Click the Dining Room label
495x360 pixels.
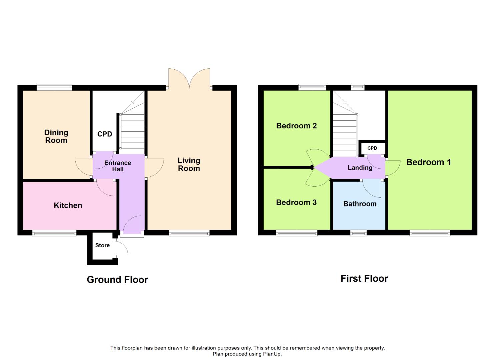click(56, 136)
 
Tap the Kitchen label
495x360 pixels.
click(68, 205)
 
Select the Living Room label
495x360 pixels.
click(189, 164)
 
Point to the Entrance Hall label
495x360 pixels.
click(118, 166)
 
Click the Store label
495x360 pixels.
click(102, 245)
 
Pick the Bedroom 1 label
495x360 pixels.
click(428, 162)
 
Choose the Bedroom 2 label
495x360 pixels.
click(296, 126)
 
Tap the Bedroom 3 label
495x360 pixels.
click(296, 202)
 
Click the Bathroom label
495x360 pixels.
click(360, 204)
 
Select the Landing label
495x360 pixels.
click(360, 168)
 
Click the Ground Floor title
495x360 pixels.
click(117, 280)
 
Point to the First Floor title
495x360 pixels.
click(364, 279)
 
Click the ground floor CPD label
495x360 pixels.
click(105, 134)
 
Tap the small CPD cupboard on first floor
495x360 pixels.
click(372, 148)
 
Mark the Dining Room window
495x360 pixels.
click(54, 87)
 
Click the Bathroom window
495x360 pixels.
click(358, 233)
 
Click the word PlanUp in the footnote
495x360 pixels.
click(273, 354)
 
